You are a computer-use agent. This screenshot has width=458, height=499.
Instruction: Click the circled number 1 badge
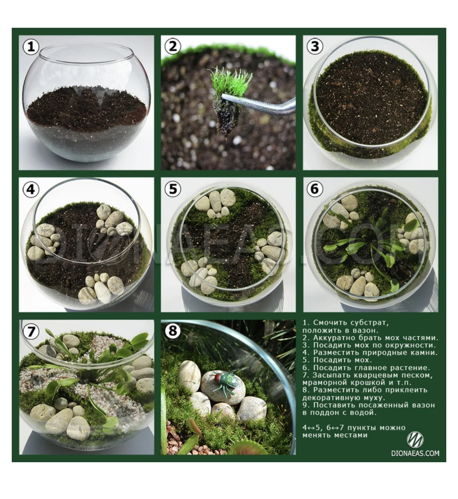click(x=31, y=47)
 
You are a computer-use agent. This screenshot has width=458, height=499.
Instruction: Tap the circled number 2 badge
click(x=173, y=47)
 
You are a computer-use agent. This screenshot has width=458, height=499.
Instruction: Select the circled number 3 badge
click(x=315, y=47)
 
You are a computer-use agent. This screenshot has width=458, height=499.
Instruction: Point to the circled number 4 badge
click(x=31, y=189)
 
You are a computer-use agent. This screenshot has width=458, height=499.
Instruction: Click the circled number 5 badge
click(x=173, y=189)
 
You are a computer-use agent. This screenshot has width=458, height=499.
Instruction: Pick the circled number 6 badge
click(x=315, y=189)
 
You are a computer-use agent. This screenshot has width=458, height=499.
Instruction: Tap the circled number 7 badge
click(x=31, y=331)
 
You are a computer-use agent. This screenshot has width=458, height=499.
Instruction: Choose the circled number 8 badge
click(x=173, y=331)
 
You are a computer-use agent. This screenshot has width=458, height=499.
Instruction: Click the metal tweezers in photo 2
click(x=259, y=104)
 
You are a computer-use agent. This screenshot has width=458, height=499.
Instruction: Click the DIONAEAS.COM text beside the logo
click(x=415, y=454)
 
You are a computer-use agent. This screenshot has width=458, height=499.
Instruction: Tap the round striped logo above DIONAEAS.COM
click(x=415, y=440)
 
